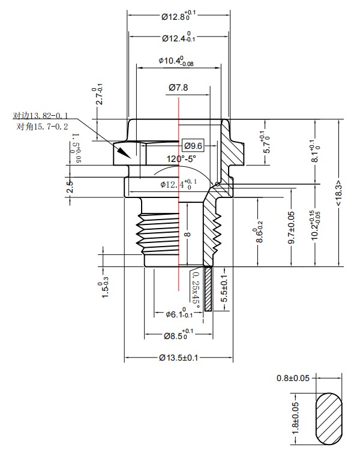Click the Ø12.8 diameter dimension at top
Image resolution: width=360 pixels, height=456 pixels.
[178, 16]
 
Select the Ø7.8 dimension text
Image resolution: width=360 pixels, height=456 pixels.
[178, 88]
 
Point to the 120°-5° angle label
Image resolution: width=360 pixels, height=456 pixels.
[181, 159]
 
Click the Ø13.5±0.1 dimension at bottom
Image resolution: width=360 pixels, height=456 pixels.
[178, 358]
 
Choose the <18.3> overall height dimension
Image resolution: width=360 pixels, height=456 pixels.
[339, 193]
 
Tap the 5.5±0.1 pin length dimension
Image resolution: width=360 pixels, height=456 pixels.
[224, 290]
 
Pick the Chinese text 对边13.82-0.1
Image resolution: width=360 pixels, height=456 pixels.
[41, 115]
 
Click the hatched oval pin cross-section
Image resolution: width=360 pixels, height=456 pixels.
[328, 419]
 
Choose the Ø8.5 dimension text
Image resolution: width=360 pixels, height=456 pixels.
[178, 335]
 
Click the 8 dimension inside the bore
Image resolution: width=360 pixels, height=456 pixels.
[187, 235]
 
